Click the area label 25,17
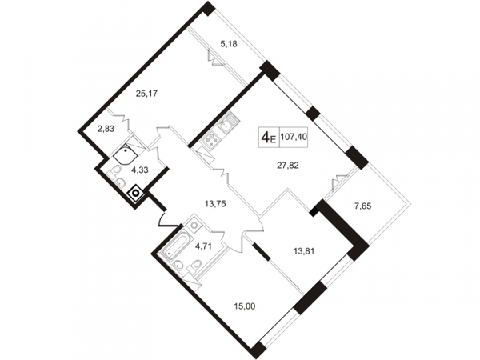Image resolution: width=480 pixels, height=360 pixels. (x=146, y=94)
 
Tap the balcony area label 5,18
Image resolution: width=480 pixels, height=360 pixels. (x=229, y=44)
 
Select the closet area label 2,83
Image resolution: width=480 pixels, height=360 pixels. (x=106, y=129)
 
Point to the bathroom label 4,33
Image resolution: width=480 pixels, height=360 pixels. (x=139, y=170)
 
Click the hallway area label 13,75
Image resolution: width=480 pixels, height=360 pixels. (x=215, y=204)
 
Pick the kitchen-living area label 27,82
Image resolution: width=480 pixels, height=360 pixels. (x=288, y=166)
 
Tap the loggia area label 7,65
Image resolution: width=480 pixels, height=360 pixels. (x=362, y=206)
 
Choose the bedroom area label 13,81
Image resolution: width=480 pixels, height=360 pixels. (x=304, y=252)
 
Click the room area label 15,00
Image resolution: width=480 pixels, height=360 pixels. (x=245, y=306)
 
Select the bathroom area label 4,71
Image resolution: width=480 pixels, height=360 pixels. (x=203, y=246)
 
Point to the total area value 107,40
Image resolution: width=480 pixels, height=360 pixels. (x=294, y=137)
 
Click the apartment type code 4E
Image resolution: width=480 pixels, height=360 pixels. (x=269, y=138)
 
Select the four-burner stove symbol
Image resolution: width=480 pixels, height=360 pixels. (x=211, y=139)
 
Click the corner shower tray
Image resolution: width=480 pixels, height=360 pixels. (x=126, y=155)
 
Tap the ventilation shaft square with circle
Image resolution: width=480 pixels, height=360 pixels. (x=136, y=193)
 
